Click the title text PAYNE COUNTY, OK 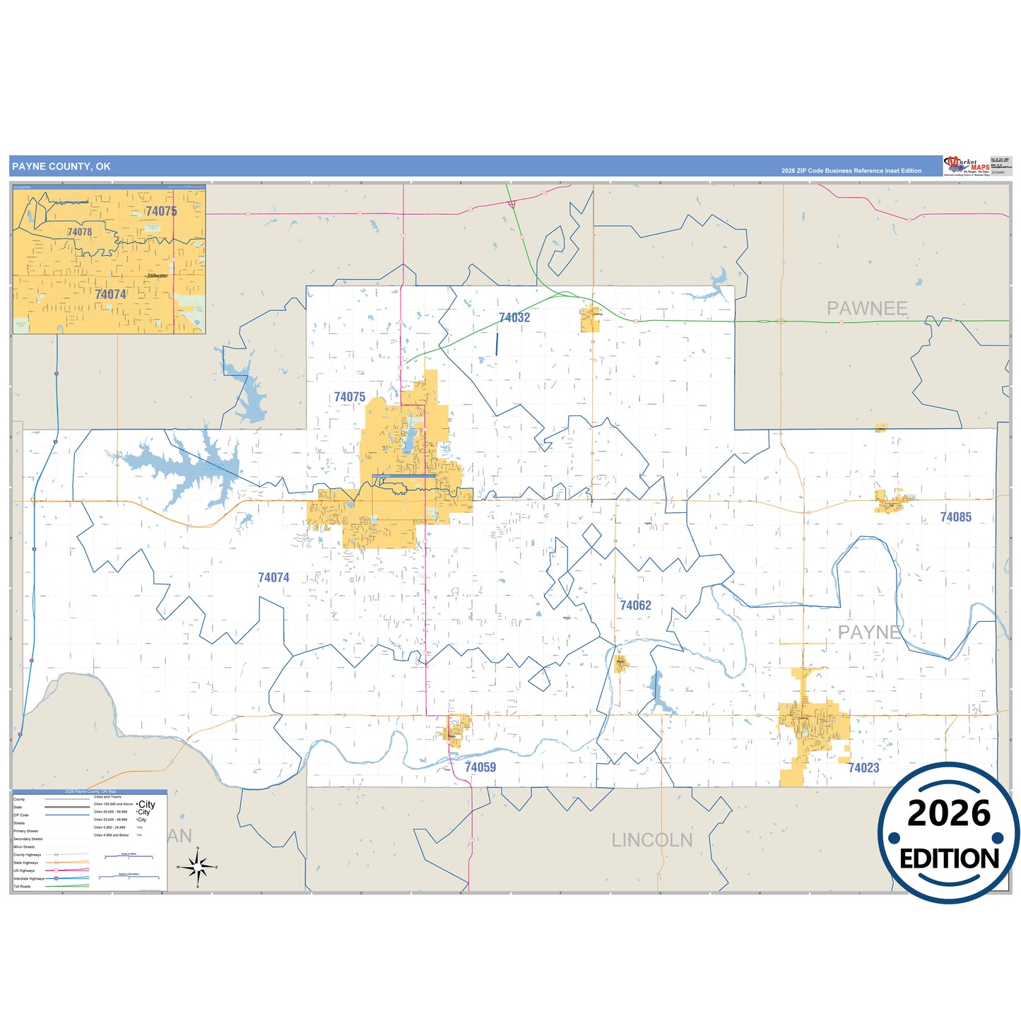click(61, 167)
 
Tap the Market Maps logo click(967, 166)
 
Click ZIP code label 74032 click(514, 318)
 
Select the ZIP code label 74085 click(955, 517)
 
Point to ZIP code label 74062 click(635, 606)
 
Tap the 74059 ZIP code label click(480, 767)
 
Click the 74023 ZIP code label click(863, 768)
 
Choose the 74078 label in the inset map click(80, 232)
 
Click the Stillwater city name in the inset click(158, 276)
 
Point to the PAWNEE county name click(867, 309)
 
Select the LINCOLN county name click(651, 840)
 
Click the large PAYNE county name click(869, 632)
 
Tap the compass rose click(198, 866)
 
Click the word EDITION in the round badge click(949, 859)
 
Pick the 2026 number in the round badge click(949, 814)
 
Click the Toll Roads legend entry click(22, 886)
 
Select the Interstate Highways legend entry click(29, 878)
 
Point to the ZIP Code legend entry click(21, 815)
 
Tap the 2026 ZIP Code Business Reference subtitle click(851, 170)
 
